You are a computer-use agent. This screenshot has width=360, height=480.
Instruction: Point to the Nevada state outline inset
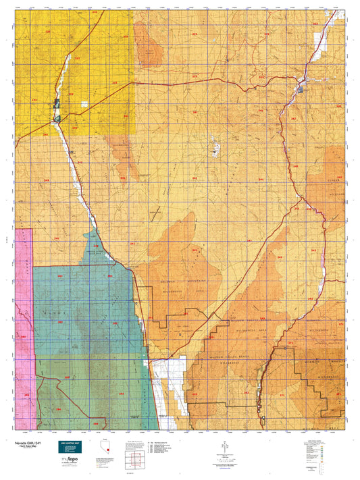pyautogui.click(x=104, y=448)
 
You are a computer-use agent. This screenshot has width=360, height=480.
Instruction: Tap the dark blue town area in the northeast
pyautogui.click(x=299, y=88)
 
